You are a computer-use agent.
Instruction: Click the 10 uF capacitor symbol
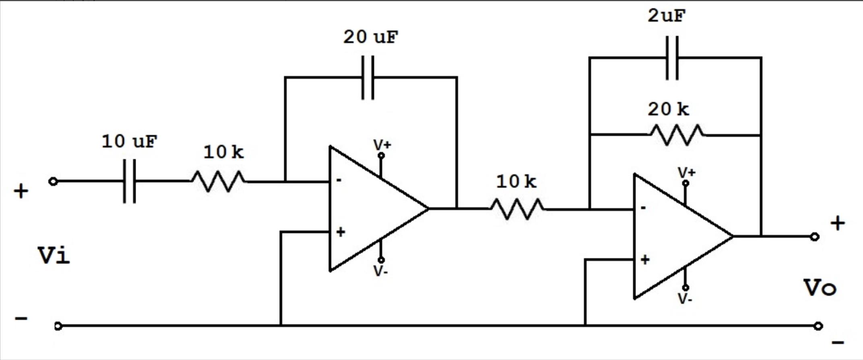(129, 181)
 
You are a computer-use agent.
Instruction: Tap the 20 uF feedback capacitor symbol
(367, 77)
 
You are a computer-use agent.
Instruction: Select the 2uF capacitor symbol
(672, 58)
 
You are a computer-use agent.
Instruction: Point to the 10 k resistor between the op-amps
(517, 209)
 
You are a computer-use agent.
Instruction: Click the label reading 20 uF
(370, 37)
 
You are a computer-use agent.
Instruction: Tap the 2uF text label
(667, 16)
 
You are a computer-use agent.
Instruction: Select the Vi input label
(54, 256)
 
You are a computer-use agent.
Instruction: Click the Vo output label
(820, 288)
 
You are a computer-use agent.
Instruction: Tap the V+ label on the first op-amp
(382, 145)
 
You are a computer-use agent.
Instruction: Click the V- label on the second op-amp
(685, 299)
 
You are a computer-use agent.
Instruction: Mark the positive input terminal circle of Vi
(53, 182)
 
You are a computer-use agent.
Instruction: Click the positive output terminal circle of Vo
(814, 237)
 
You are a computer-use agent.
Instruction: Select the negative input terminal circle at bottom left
(58, 326)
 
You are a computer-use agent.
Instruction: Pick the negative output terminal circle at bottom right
(818, 326)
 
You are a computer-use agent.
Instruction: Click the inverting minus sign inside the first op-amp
(339, 180)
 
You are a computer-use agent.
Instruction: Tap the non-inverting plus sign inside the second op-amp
(645, 260)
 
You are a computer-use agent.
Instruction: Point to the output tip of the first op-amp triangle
(428, 209)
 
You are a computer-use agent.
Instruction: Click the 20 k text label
(668, 109)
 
